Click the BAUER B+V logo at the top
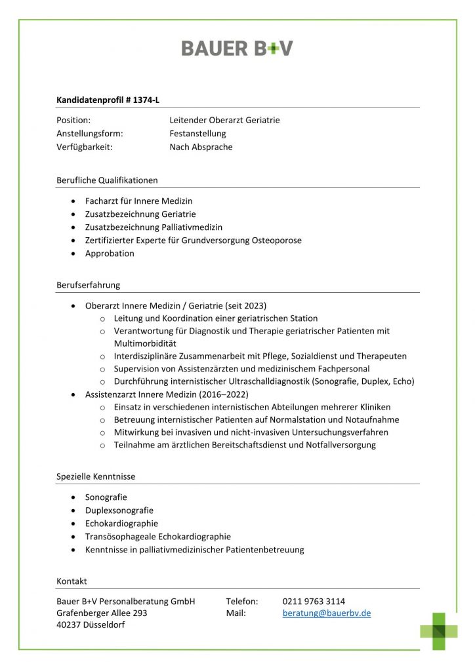[x=237, y=48]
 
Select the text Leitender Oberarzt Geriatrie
[x=224, y=120]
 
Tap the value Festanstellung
[x=197, y=134]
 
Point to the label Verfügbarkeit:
[x=85, y=147]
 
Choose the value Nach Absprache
[x=201, y=147]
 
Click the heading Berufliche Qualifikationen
[x=107, y=180]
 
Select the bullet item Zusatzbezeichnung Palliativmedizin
[x=154, y=227]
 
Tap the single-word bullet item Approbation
[x=110, y=254]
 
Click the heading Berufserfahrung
[x=88, y=285]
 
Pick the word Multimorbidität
[x=145, y=343]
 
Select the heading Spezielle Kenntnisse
[x=96, y=476]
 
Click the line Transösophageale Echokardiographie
[x=158, y=537]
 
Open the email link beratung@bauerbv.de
[x=327, y=613]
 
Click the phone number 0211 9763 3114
[x=314, y=601]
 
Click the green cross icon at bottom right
[x=439, y=631]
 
